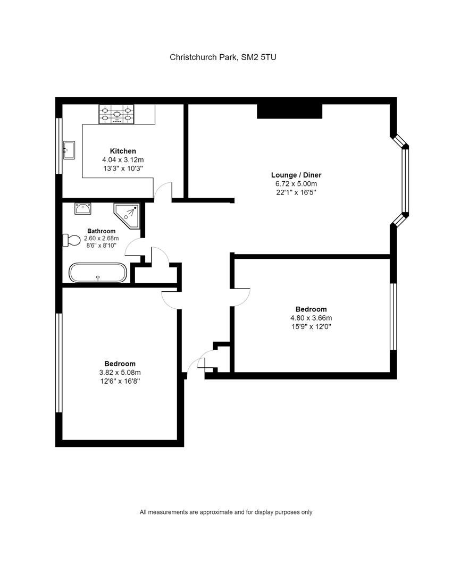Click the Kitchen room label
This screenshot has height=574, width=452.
click(123, 151)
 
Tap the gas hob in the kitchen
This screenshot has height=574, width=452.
click(116, 114)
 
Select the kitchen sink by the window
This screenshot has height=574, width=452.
click(69, 150)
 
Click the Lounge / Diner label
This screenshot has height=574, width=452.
click(296, 175)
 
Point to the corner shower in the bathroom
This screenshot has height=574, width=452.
click(127, 216)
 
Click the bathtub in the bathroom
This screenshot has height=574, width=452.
click(98, 272)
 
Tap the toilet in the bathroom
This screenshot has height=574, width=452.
click(71, 240)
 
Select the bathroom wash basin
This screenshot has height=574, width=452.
click(83, 209)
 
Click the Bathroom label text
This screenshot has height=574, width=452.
click(101, 231)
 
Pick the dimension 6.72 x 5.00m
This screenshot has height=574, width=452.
click(296, 184)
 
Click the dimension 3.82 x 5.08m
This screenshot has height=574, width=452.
click(120, 372)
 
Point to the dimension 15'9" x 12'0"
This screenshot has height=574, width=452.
click(311, 326)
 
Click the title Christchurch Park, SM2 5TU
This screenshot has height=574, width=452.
click(223, 57)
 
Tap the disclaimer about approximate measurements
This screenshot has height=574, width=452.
click(225, 512)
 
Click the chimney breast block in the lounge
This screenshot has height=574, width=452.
click(289, 111)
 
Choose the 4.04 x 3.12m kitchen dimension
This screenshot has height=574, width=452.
click(123, 159)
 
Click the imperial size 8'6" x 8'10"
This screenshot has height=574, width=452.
click(101, 245)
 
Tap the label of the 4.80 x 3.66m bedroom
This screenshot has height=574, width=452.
click(311, 309)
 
